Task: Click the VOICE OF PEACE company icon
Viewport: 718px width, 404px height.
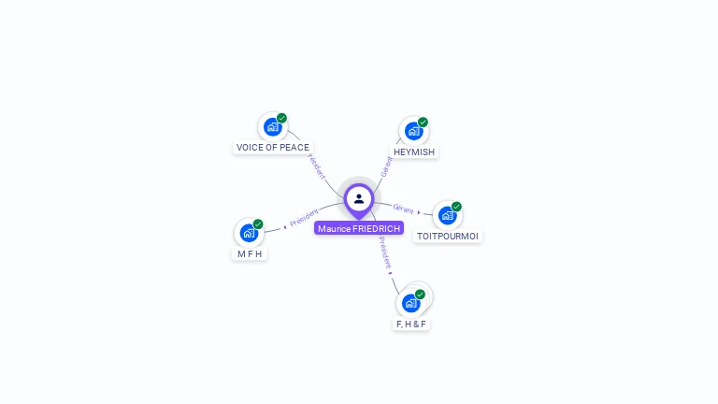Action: (x=272, y=126)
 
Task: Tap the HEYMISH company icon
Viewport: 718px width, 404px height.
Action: (x=413, y=131)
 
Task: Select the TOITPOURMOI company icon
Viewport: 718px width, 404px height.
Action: (x=447, y=215)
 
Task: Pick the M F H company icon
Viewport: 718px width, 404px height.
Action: (x=249, y=232)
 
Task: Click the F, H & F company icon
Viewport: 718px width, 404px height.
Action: (x=411, y=303)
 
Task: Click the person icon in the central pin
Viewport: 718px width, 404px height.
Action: (x=359, y=198)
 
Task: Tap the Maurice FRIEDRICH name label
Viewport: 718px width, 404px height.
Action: (x=359, y=228)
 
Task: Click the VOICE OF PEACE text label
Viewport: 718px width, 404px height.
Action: (x=272, y=147)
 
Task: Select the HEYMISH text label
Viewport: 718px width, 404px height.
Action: (x=414, y=151)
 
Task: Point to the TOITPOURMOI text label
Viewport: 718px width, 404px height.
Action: (x=448, y=236)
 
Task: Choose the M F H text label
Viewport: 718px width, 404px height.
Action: (x=250, y=253)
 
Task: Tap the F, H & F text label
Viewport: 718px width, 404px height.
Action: (x=411, y=324)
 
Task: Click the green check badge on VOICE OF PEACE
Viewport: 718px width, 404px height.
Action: (x=281, y=119)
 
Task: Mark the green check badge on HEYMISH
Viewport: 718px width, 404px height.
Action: (x=423, y=123)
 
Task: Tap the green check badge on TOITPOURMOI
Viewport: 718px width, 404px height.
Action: (x=456, y=207)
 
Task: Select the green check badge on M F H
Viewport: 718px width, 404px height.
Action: (x=258, y=224)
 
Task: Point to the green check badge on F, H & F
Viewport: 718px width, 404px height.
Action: (x=420, y=295)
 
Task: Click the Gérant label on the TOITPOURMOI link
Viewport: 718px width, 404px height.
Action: (x=403, y=209)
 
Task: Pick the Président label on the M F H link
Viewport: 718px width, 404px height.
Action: (x=304, y=218)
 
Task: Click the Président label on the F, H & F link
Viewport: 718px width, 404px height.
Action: (x=384, y=252)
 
